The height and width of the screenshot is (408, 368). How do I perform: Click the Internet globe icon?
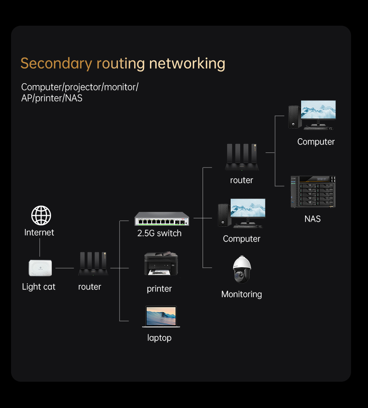click(41, 216)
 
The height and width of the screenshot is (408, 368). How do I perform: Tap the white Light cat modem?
click(40, 268)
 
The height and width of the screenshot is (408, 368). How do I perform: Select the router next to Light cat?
click(93, 263)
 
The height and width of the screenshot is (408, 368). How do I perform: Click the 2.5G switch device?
click(162, 219)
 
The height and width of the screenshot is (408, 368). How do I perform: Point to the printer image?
click(161, 264)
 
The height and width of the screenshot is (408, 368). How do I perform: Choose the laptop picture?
click(161, 316)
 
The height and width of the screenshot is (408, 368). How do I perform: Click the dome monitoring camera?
click(242, 269)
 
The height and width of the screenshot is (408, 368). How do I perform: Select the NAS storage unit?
click(313, 192)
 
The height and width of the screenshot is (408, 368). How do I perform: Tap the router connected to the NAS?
click(242, 157)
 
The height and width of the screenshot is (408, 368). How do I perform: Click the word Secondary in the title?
click(56, 63)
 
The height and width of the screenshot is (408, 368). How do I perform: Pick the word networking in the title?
click(187, 63)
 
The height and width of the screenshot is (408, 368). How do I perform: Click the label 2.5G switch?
click(159, 233)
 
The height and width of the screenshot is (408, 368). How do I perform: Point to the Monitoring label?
click(241, 294)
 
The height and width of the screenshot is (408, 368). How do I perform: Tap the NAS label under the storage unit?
click(313, 219)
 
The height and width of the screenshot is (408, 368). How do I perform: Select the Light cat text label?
click(39, 287)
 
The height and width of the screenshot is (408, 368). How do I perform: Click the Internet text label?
click(39, 233)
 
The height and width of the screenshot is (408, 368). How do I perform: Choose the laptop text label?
click(159, 338)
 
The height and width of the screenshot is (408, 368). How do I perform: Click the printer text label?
click(159, 289)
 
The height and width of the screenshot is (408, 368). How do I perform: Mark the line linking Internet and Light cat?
click(40, 248)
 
